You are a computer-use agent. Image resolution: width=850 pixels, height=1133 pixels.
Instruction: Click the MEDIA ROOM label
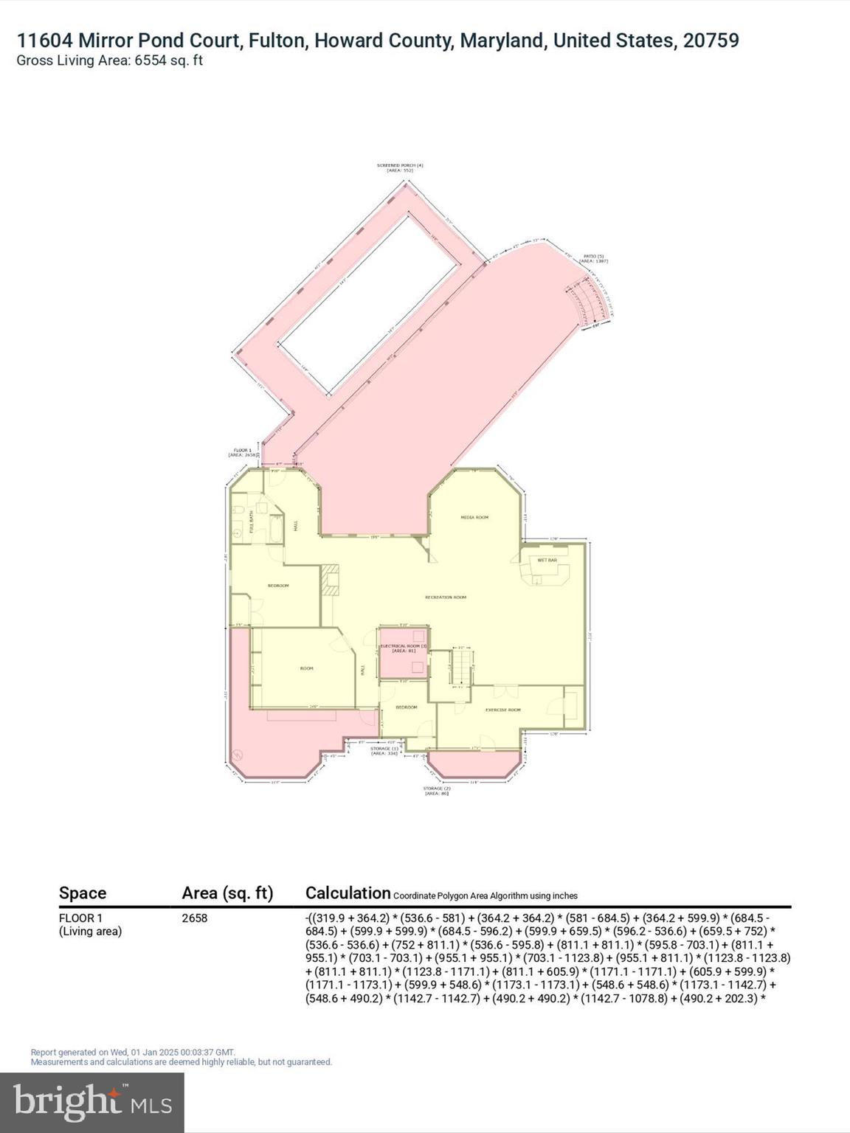click(474, 518)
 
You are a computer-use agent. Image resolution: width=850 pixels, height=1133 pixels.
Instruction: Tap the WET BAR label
click(547, 561)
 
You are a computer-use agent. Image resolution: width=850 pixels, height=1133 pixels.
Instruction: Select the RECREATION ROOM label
click(446, 597)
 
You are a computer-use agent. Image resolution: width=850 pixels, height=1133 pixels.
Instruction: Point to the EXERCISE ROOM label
click(502, 710)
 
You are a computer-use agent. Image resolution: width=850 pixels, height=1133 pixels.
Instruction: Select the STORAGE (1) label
click(384, 751)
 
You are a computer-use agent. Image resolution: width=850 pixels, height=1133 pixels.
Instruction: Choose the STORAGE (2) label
click(436, 791)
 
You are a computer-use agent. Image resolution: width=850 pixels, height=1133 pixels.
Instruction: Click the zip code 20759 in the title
click(711, 41)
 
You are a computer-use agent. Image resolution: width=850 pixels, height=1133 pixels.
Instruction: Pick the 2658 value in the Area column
click(195, 918)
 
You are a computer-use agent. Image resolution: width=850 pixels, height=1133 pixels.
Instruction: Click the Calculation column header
click(348, 893)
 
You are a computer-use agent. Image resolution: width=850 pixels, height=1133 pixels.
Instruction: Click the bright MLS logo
click(92, 1102)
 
